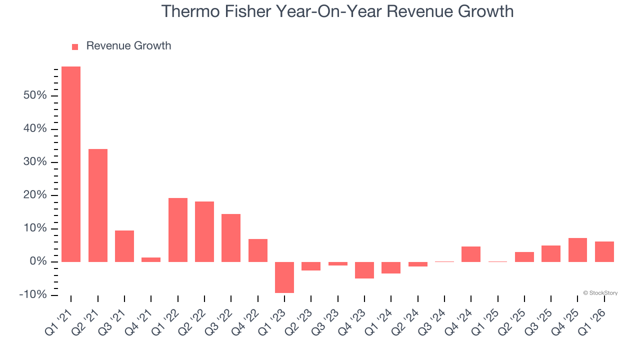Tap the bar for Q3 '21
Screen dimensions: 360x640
(124, 246)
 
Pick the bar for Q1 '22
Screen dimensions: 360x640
(178, 229)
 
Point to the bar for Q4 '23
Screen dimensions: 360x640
(364, 270)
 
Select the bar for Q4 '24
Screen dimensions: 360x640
(471, 254)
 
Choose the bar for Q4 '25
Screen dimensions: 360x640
(577, 249)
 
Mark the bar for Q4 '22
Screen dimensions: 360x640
(258, 250)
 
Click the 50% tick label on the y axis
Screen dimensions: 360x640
(34, 95)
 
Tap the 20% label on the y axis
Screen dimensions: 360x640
(34, 195)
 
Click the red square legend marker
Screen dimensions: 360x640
(75, 47)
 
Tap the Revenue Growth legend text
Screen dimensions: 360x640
(128, 46)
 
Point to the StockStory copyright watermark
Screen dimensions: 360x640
(600, 293)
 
